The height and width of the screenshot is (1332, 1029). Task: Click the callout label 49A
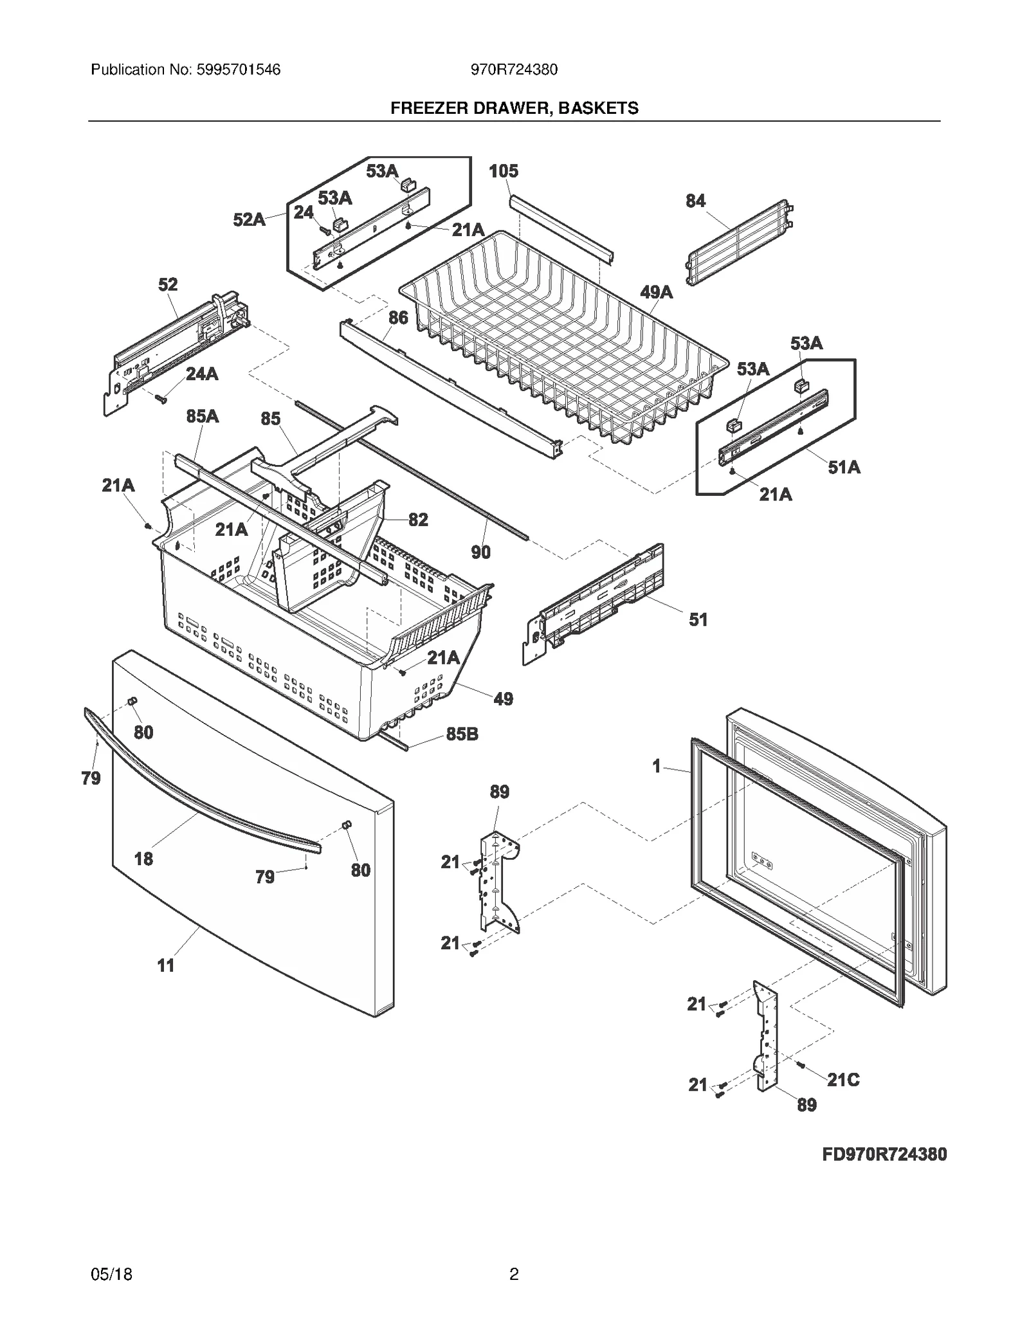coord(656,293)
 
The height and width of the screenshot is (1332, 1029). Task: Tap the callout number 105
coord(503,171)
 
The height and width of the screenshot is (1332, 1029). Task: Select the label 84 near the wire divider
coord(695,201)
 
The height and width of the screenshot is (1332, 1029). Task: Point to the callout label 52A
coord(249,220)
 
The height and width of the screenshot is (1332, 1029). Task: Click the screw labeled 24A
coord(160,399)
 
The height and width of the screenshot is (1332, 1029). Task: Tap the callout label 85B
coord(462,734)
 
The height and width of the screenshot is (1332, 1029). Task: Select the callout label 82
coord(418,520)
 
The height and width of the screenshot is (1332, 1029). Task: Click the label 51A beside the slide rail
coord(844,468)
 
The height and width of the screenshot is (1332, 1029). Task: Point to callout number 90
coord(480,552)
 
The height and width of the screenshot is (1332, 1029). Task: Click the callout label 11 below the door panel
coord(166,965)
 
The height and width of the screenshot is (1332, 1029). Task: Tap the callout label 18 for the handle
coord(143,859)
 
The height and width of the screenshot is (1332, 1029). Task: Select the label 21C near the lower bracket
coord(842,1080)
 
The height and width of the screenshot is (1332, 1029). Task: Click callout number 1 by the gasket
coord(656,767)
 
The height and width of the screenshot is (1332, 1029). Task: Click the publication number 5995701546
coord(234,69)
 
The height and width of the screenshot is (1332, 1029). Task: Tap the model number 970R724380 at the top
coord(514,69)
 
